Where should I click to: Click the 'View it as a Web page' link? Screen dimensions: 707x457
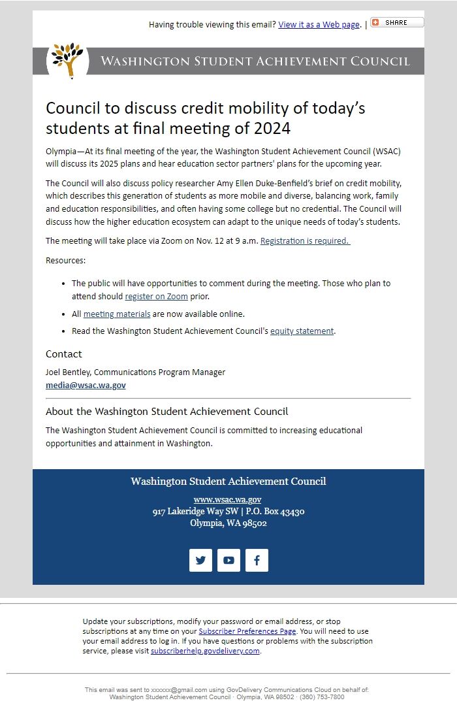319,25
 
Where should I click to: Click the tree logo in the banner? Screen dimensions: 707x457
68,60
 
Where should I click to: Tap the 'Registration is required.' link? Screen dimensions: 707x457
305,241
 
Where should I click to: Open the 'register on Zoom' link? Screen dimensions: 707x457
156,297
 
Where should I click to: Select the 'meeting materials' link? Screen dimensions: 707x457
117,314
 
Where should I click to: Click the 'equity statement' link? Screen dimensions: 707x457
302,331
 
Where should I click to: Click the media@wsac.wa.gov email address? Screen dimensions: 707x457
86,386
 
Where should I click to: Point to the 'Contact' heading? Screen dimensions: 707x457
64,354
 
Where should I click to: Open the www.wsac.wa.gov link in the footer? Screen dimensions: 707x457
228,500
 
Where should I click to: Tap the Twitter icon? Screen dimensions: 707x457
200,560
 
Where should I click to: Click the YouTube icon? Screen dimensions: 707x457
228,560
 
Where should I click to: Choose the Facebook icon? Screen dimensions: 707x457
257,560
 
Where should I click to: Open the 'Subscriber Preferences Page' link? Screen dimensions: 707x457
247,632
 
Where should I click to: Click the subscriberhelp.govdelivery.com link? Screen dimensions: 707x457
205,651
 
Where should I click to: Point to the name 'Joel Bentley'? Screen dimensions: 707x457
68,372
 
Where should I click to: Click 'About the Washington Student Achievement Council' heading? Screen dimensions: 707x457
166,412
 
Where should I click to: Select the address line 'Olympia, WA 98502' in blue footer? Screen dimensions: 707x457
228,523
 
